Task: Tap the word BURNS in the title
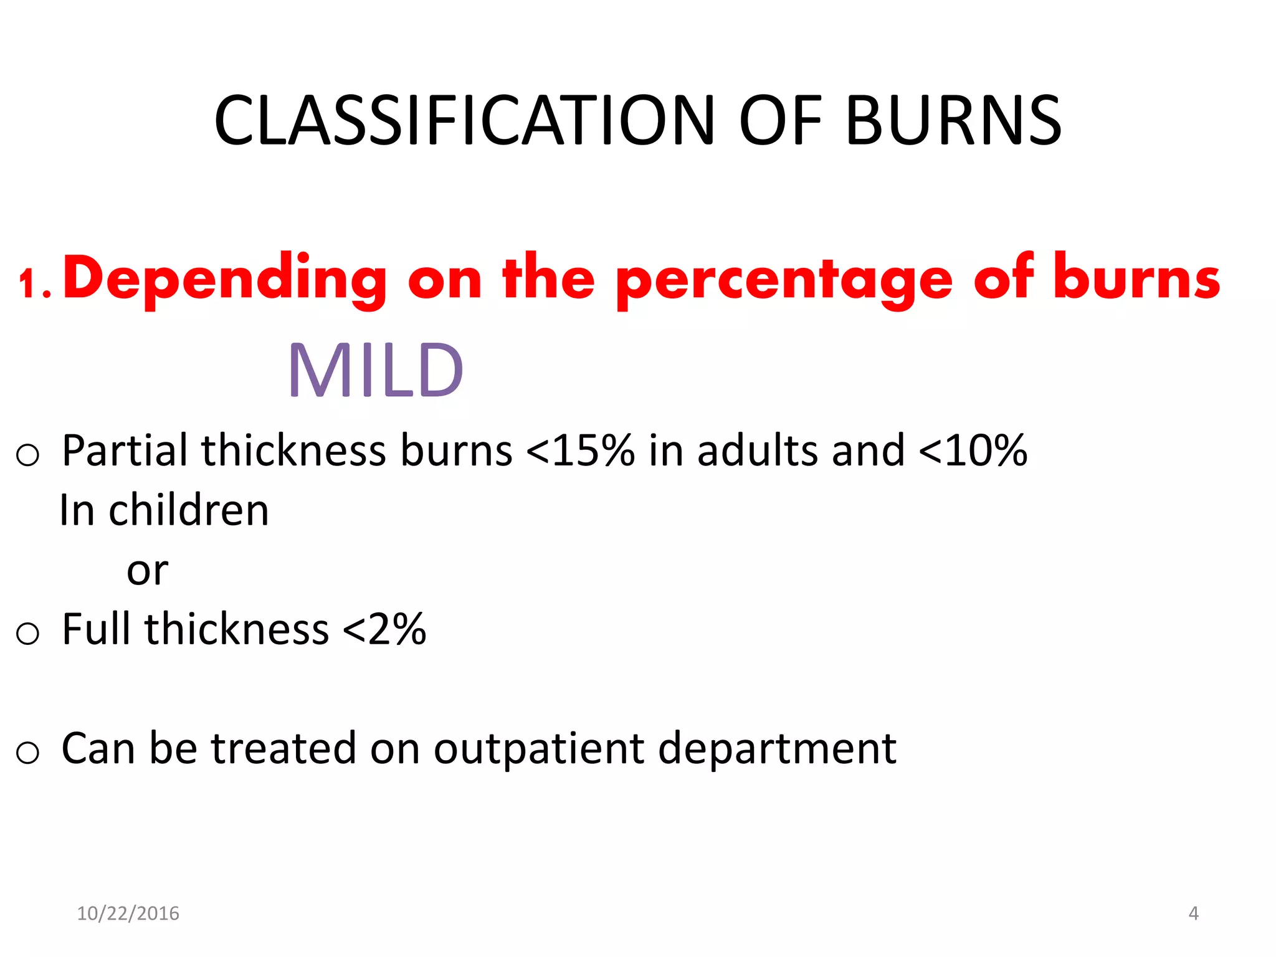tap(953, 121)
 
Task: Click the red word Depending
tap(225, 280)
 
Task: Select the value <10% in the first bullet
tap(973, 450)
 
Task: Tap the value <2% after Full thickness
tap(384, 629)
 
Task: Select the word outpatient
tap(538, 749)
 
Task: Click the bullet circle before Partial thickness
tap(27, 455)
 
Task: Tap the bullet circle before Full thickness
tap(27, 634)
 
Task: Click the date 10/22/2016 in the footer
tap(128, 913)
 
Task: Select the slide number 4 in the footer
tap(1193, 913)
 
